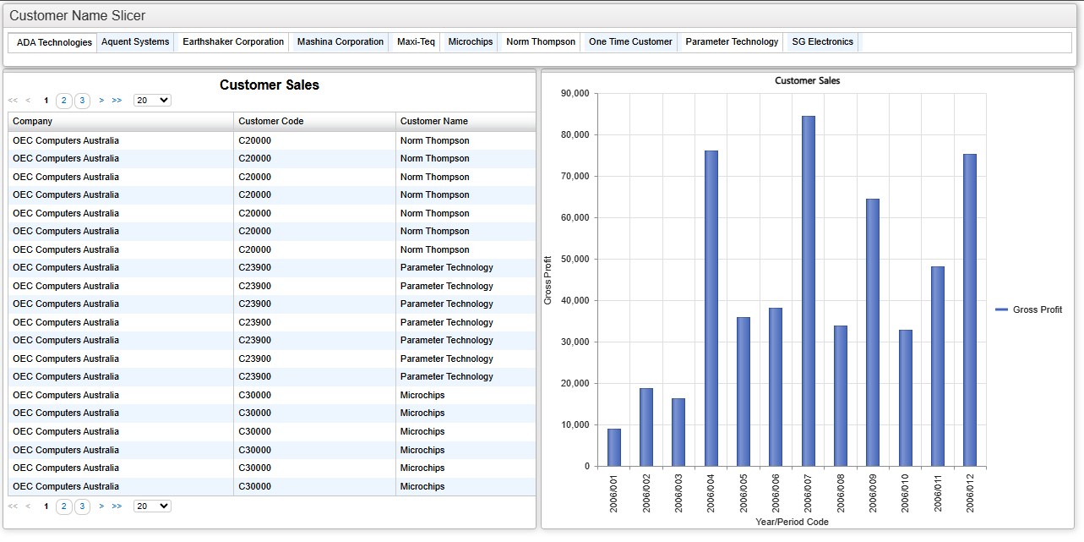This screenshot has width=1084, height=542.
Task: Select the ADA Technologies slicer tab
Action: (x=54, y=42)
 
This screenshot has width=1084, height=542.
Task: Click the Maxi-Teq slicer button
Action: (x=416, y=41)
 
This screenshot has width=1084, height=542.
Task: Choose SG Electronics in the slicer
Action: (x=822, y=41)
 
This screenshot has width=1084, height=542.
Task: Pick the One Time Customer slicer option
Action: (x=630, y=41)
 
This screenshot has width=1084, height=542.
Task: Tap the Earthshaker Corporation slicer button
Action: (x=233, y=41)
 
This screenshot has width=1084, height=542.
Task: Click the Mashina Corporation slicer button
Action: (x=340, y=41)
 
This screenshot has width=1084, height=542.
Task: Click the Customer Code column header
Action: (x=271, y=121)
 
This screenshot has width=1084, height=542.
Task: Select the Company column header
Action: (x=32, y=121)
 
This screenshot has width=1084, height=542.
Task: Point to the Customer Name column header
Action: (x=434, y=121)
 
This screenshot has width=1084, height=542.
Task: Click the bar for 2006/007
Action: (x=809, y=291)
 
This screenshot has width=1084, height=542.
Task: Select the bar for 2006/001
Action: (x=614, y=447)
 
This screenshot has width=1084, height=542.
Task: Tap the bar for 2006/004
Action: (x=711, y=309)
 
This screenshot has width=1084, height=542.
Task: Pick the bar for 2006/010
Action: (x=906, y=398)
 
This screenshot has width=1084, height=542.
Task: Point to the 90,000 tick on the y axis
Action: (x=575, y=93)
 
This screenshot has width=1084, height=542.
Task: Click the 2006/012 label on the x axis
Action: (x=970, y=493)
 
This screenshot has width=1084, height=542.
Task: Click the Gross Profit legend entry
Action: (x=1029, y=309)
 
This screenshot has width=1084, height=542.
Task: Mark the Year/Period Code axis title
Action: (x=792, y=522)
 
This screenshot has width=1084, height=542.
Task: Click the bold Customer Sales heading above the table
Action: (x=269, y=85)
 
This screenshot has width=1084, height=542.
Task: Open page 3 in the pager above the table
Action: (x=82, y=101)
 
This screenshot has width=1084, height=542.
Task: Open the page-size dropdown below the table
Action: (x=152, y=506)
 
